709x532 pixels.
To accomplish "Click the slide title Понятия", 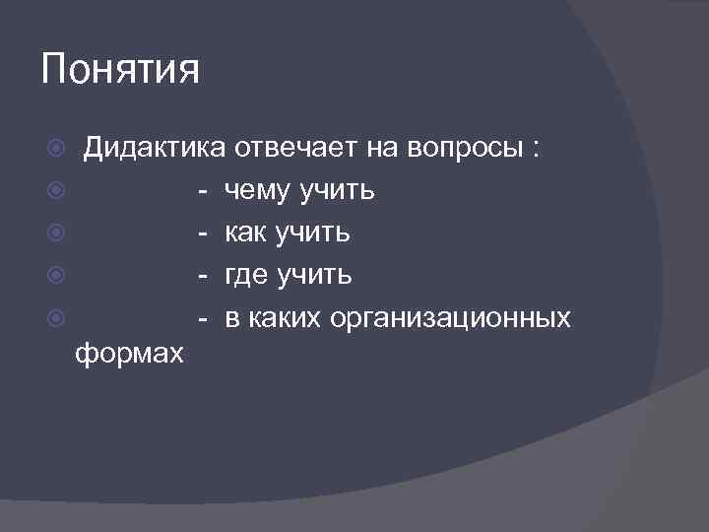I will click(121, 71).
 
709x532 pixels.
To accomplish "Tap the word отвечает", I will click(295, 150).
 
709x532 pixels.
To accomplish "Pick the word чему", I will click(259, 191).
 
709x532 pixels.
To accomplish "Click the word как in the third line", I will click(246, 233).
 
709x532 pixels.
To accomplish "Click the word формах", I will click(129, 354).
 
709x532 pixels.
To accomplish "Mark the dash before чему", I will click(201, 191).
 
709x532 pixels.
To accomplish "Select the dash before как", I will click(201, 233).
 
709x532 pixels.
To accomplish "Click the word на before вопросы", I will click(381, 150).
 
